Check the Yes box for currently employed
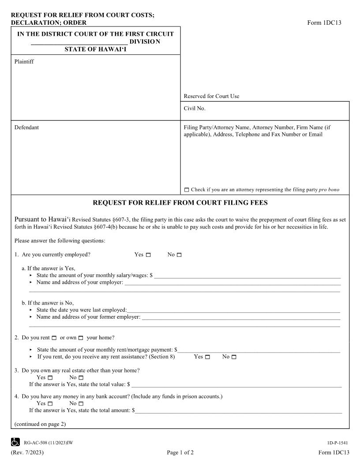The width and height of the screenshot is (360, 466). tap(148, 255)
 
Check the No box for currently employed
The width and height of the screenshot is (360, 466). tap(179, 255)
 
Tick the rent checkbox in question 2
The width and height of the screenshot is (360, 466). tap(54, 338)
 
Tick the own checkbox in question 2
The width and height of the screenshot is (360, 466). tap(81, 338)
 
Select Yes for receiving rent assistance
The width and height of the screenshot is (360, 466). tap(207, 357)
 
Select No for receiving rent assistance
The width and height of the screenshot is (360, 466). tap(234, 357)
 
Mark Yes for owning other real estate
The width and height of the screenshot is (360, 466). tap(50, 378)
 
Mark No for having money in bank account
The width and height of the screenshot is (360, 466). tap(81, 403)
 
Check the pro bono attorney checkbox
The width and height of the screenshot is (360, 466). tap(186, 190)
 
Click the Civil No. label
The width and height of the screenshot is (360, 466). tap(195, 108)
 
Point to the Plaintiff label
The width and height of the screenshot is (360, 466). tap(24, 62)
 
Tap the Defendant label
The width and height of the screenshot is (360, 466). tap(26, 128)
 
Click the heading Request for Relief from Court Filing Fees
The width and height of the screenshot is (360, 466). tap(180, 203)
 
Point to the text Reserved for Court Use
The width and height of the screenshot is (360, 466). tap(211, 96)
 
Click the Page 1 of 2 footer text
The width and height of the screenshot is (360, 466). tap(180, 453)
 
